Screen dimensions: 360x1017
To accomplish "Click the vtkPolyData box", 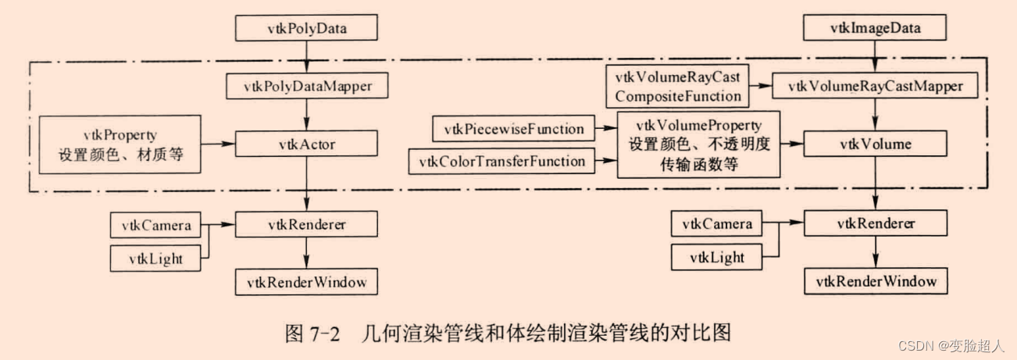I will tap(306, 29).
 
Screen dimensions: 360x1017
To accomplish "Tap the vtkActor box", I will tap(305, 144).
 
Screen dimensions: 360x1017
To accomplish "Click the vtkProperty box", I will tap(120, 144).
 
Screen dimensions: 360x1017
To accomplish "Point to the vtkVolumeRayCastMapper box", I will tap(874, 86).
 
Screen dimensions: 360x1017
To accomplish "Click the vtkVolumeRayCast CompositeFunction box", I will tap(676, 86).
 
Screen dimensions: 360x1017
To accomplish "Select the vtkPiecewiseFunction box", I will tap(513, 128).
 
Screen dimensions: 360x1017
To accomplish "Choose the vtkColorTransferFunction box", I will tap(501, 162).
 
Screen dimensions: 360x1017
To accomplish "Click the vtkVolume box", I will tap(874, 144).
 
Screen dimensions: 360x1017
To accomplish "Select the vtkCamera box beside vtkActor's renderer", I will tap(155, 225).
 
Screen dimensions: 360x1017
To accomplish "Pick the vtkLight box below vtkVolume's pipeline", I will tap(716, 257).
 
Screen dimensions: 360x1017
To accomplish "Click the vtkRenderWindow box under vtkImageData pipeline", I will tap(875, 280).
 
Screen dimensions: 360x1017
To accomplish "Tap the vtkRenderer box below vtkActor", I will tap(305, 225).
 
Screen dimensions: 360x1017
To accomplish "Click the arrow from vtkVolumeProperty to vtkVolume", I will tap(793, 144).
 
